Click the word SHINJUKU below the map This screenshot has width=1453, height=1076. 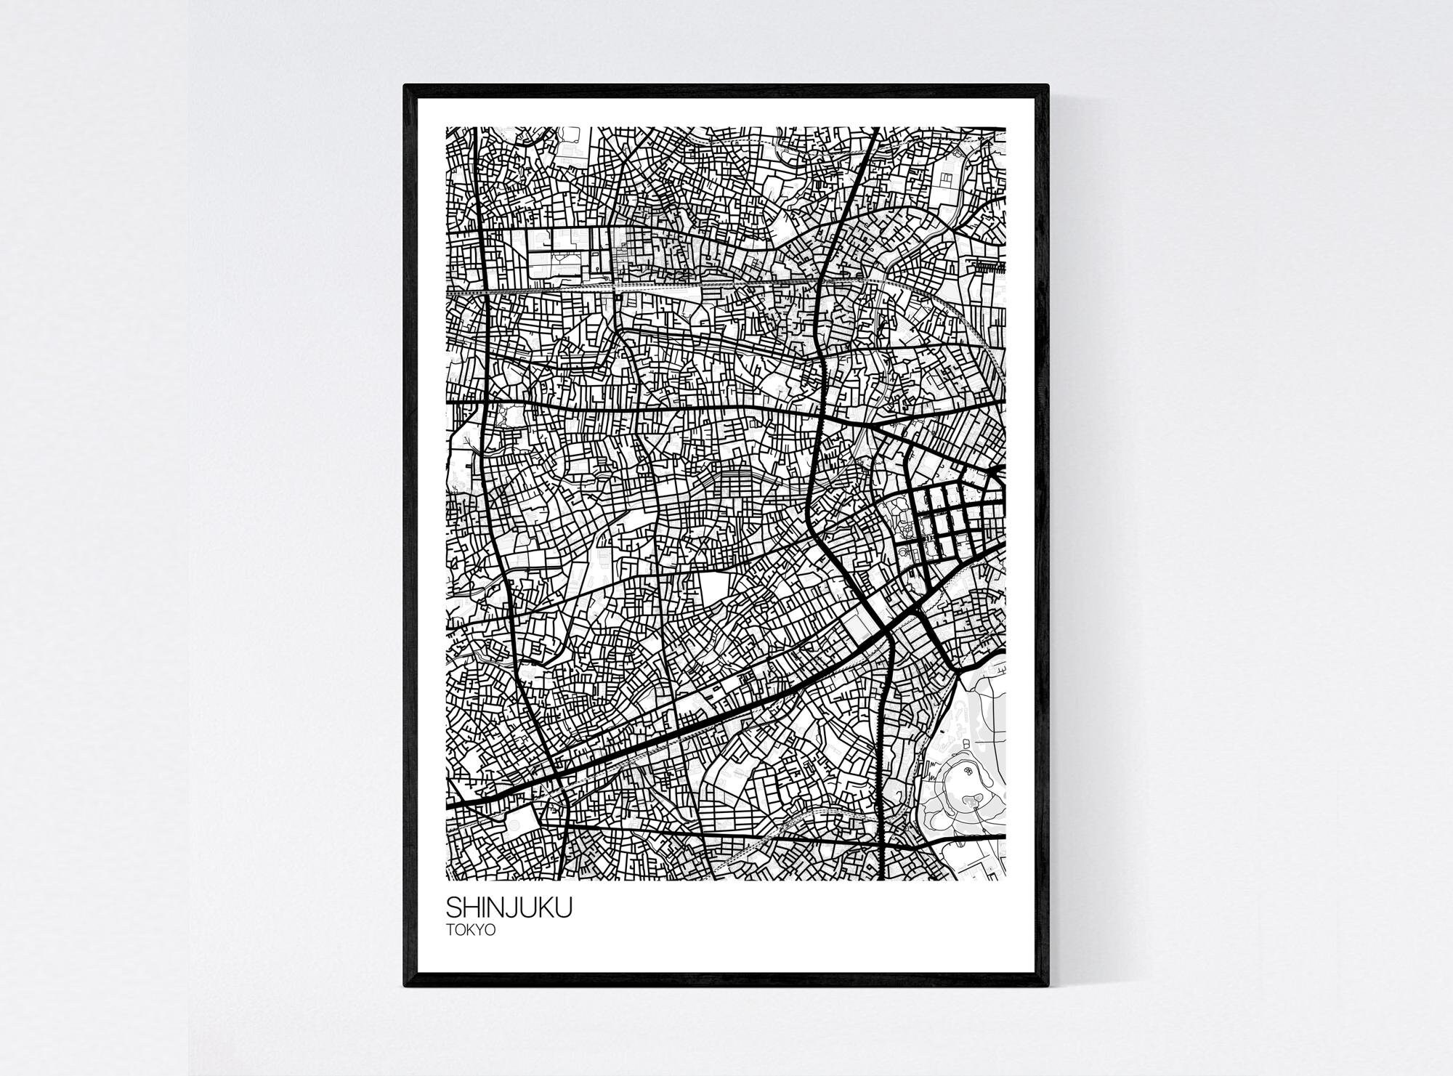click(509, 909)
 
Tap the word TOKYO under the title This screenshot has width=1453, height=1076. click(471, 930)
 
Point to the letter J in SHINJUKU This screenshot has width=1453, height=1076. click(517, 909)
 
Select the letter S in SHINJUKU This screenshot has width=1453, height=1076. click(453, 909)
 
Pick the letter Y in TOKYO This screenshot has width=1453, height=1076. click(481, 930)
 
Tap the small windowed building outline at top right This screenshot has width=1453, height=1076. click(948, 178)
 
